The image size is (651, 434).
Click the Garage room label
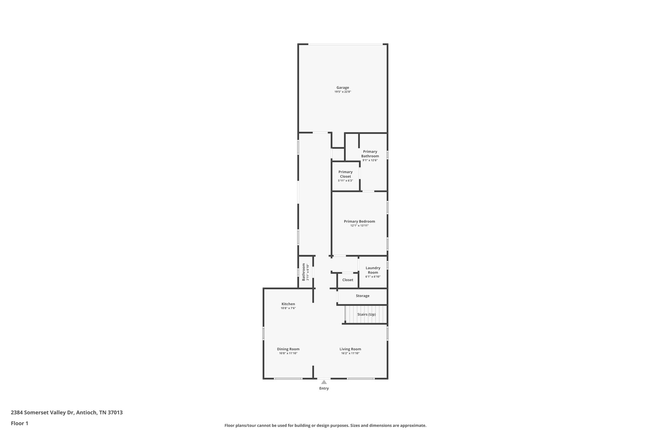343,87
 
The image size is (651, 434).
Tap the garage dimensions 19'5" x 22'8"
343,92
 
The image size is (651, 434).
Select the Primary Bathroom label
370,154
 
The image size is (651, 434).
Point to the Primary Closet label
346,174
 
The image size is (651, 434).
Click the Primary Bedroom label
359,221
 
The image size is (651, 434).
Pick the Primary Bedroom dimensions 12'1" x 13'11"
359,226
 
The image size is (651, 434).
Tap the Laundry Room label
373,270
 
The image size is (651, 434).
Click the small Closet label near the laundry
348,280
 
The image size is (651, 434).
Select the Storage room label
362,296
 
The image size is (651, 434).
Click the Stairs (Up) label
367,314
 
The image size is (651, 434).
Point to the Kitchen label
288,304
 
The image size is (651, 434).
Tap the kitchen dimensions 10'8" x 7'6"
288,308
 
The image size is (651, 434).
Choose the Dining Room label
288,349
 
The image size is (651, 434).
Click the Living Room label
350,349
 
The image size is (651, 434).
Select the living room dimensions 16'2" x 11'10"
350,353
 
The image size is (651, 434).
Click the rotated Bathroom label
304,272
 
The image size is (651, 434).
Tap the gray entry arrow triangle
324,382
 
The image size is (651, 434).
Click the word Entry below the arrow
324,388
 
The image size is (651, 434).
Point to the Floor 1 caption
19,423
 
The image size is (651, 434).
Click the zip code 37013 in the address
115,413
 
